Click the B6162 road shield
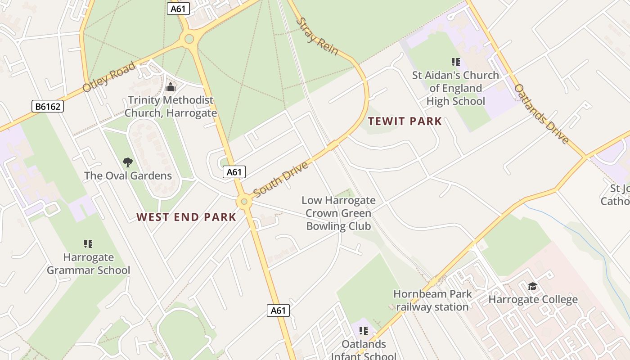pyautogui.click(x=48, y=107)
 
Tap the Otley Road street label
pyautogui.click(x=109, y=77)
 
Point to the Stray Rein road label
pyautogui.click(x=317, y=36)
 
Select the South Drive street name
pyautogui.click(x=281, y=179)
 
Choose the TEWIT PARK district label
pyautogui.click(x=405, y=121)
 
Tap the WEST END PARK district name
pyautogui.click(x=186, y=217)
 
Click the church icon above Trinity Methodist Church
pyautogui.click(x=171, y=87)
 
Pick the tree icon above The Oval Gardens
pyautogui.click(x=128, y=162)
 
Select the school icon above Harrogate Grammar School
pyautogui.click(x=88, y=244)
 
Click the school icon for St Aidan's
pyautogui.click(x=455, y=62)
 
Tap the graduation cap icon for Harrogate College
pyautogui.click(x=532, y=286)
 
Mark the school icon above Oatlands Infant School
pyautogui.click(x=364, y=331)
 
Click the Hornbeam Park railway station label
pyautogui.click(x=432, y=301)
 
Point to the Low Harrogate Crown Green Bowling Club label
pyautogui.click(x=338, y=213)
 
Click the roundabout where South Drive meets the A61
pyautogui.click(x=244, y=202)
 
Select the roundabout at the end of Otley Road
pyautogui.click(x=189, y=39)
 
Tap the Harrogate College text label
pyautogui.click(x=533, y=299)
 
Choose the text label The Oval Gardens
pyautogui.click(x=128, y=175)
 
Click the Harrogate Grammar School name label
pyautogui.click(x=88, y=264)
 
